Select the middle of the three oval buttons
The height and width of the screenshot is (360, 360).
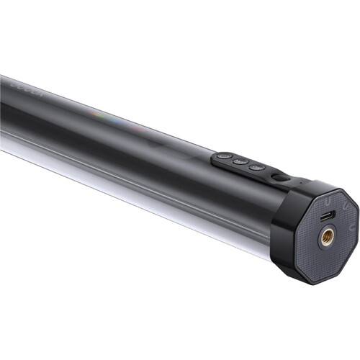(x=240, y=161)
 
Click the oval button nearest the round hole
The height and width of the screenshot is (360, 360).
(x=257, y=168)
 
